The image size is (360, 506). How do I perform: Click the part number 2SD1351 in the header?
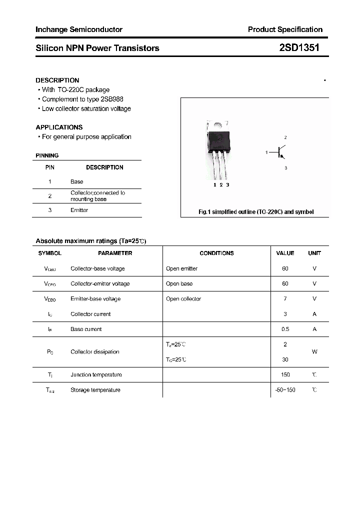click(x=298, y=48)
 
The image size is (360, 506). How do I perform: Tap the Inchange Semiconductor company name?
click(x=79, y=29)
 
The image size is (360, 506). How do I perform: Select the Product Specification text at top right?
click(x=285, y=29)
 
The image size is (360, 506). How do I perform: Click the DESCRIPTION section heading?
click(x=57, y=80)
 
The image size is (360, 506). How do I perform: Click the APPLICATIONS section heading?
click(x=59, y=127)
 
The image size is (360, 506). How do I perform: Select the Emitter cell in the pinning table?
click(x=79, y=210)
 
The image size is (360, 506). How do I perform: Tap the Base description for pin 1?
click(x=76, y=181)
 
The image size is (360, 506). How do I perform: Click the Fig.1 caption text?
click(x=256, y=212)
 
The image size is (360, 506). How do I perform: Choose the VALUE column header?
click(x=285, y=253)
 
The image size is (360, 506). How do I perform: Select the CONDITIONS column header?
click(x=216, y=253)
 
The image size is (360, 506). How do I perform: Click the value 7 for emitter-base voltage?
click(x=285, y=298)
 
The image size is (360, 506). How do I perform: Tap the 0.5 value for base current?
click(x=285, y=329)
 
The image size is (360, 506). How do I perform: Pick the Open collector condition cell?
click(x=183, y=298)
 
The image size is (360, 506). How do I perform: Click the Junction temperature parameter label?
click(x=96, y=374)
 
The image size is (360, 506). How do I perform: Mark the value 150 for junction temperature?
click(x=285, y=374)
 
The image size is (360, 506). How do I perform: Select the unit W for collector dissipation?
click(x=314, y=351)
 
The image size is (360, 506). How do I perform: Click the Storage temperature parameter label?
click(x=95, y=389)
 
